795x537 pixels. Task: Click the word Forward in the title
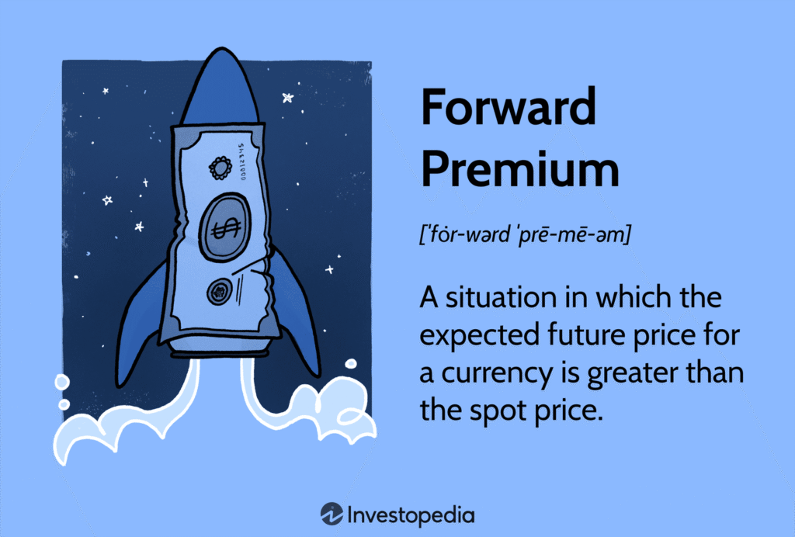[509, 106]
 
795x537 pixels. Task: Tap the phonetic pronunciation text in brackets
[526, 234]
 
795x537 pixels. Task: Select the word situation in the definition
[502, 297]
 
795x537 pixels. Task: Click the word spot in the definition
[491, 412]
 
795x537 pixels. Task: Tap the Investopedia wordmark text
[411, 516]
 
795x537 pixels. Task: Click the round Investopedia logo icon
[332, 514]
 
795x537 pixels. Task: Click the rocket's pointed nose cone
[221, 87]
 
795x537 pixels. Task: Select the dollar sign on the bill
[225, 227]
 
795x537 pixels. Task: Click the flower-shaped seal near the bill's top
[220, 168]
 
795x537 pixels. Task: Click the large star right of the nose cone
[288, 97]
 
